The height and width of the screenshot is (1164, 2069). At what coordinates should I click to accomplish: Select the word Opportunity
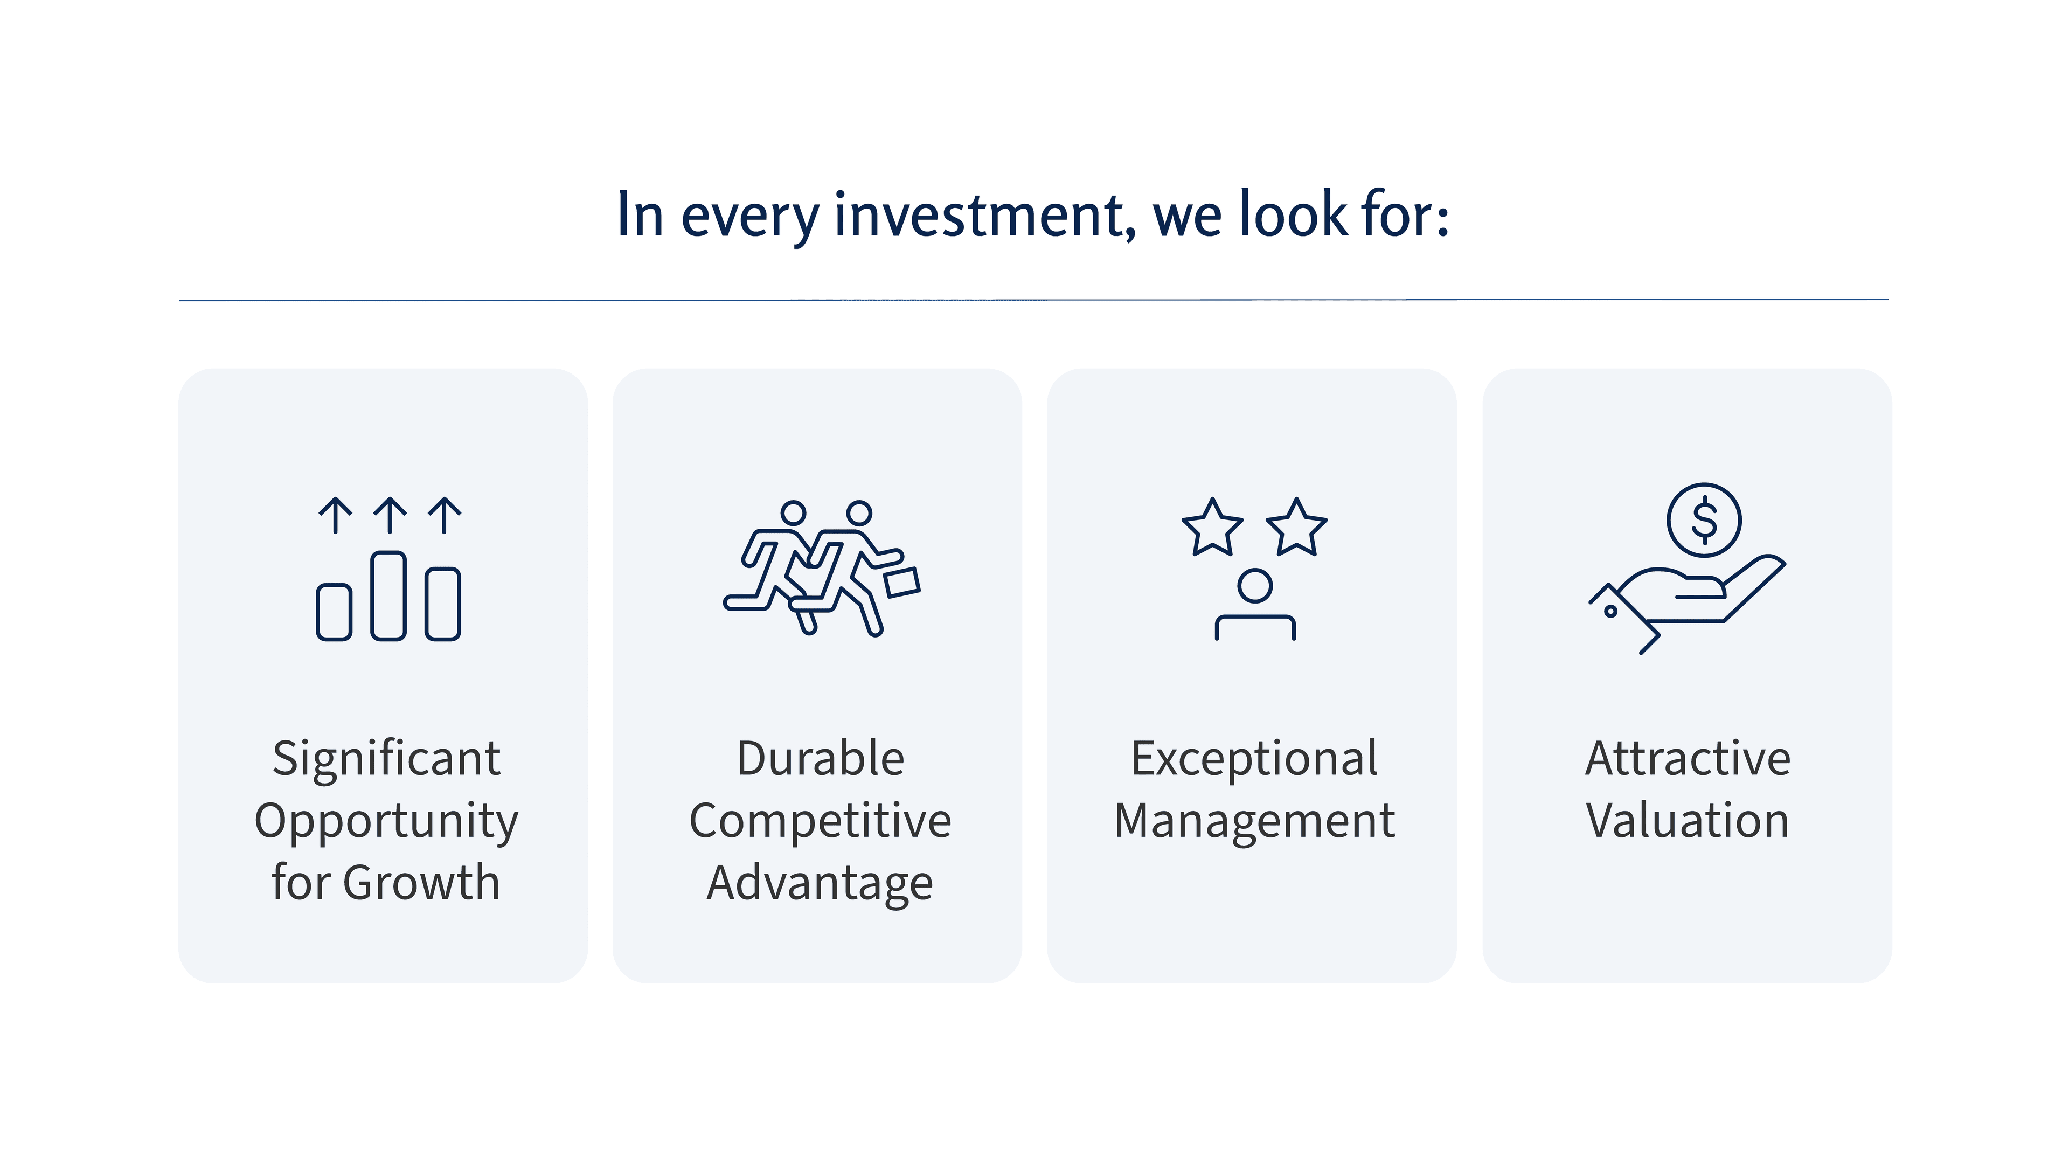point(386,821)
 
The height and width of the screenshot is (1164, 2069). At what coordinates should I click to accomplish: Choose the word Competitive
point(820,821)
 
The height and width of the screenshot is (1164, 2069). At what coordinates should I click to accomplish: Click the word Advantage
point(820,883)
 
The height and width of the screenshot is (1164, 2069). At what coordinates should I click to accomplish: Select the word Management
point(1254,821)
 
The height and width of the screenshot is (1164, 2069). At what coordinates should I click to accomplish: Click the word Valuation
point(1688,821)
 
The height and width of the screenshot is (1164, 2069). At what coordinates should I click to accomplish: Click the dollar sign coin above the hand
point(1704,519)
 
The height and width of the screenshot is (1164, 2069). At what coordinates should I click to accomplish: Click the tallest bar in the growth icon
point(388,595)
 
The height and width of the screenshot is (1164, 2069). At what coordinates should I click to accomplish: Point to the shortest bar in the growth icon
point(334,612)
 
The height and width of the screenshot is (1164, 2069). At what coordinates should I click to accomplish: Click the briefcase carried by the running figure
point(902,581)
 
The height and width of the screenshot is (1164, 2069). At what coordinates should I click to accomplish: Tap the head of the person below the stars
point(1254,586)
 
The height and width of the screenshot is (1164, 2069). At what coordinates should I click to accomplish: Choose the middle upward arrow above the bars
point(390,515)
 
